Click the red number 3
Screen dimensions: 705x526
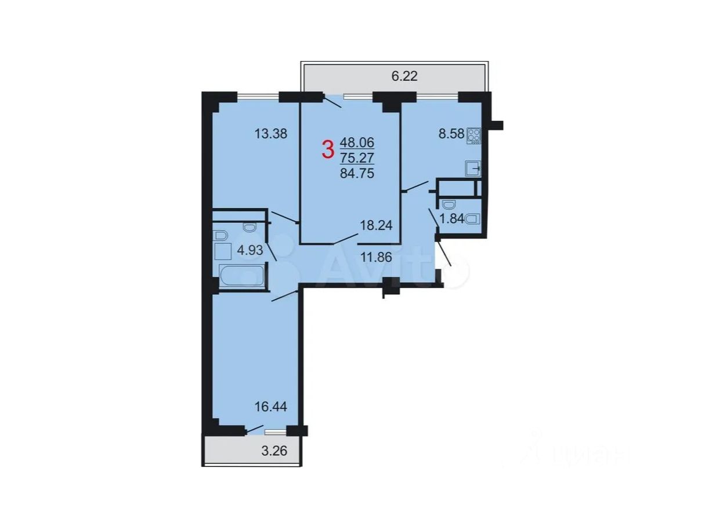[328, 151]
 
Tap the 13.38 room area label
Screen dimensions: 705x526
[270, 134]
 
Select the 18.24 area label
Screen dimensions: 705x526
[376, 226]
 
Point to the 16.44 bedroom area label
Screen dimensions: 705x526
[270, 407]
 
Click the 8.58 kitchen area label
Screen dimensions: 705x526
[451, 134]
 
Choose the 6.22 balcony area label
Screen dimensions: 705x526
[404, 76]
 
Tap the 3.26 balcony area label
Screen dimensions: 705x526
[274, 451]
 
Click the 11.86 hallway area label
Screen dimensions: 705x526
[376, 257]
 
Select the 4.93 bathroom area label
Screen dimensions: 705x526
[250, 250]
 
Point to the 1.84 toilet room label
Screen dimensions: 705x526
[451, 219]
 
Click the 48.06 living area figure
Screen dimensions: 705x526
[357, 142]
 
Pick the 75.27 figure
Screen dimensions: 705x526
[357, 158]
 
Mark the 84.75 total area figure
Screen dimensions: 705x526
[357, 174]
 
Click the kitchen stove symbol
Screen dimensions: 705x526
[473, 135]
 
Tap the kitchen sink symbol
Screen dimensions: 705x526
[473, 168]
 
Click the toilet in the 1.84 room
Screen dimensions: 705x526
[472, 219]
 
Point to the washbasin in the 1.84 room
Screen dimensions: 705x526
[449, 204]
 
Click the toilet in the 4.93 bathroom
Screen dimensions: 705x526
[250, 228]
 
